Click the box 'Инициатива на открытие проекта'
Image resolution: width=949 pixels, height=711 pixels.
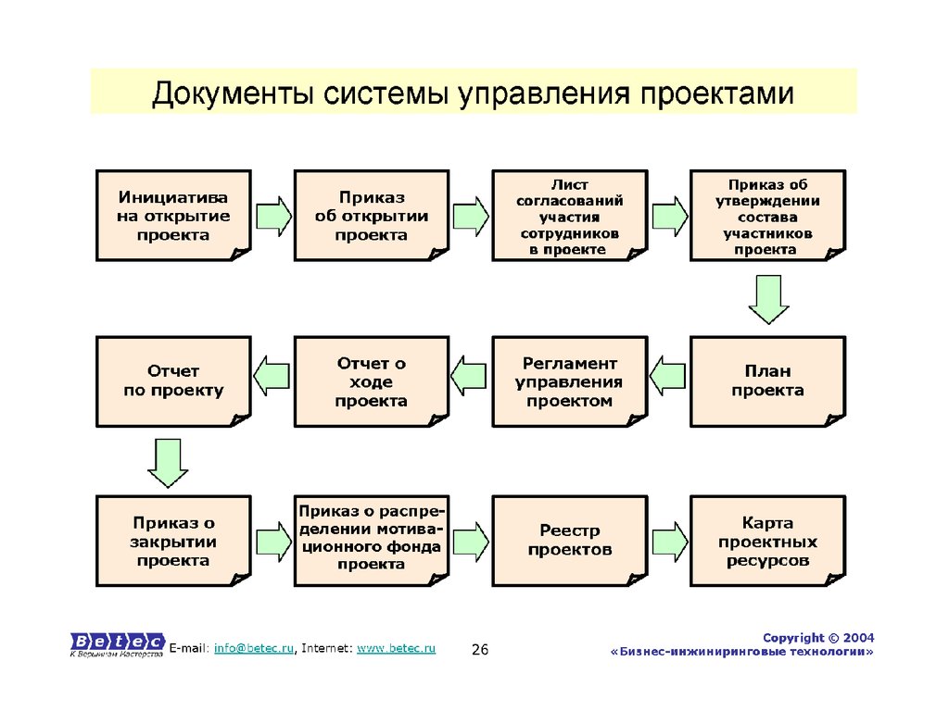coord(173,216)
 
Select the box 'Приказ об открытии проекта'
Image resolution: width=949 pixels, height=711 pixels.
coord(371,216)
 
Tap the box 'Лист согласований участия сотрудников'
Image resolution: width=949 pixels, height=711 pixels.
coord(568,216)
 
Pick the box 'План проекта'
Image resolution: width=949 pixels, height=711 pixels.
coord(767,381)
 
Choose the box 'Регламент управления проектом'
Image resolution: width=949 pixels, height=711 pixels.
coord(568,381)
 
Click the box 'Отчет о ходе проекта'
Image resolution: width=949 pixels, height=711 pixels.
coord(371,381)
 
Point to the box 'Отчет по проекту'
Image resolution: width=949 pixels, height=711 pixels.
coord(173,381)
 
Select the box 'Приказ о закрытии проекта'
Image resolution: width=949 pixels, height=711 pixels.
coord(173,541)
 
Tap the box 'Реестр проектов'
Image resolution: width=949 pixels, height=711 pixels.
coord(568,541)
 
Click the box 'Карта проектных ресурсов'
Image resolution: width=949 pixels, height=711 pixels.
coord(767,541)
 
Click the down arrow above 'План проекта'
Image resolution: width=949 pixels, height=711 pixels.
coord(767,301)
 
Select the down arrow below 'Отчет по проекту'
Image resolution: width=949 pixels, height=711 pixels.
coord(168,463)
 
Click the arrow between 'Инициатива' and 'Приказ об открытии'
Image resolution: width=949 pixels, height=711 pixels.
coord(272,216)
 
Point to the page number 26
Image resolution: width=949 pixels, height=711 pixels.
coord(480,651)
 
